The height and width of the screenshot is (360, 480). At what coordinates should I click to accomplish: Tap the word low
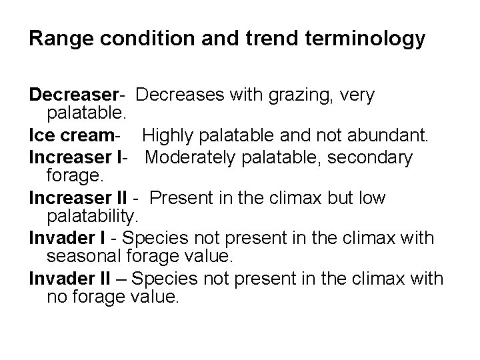click(x=370, y=199)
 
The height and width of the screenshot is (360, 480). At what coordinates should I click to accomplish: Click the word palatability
click(x=91, y=216)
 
